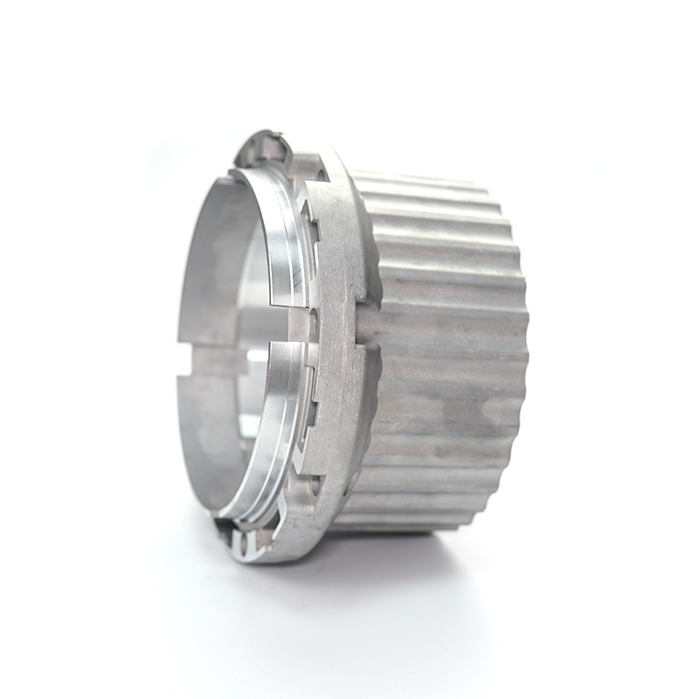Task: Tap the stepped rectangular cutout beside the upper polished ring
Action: [308, 218]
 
